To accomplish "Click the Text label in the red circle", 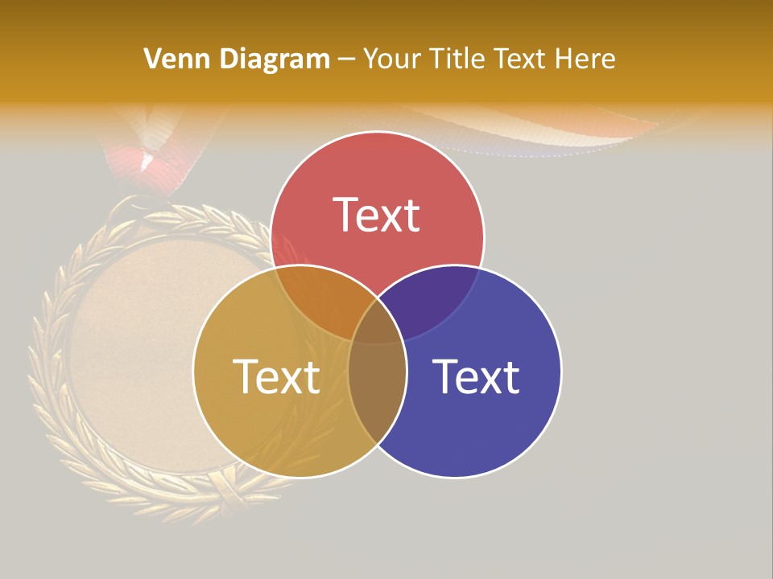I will tap(377, 215).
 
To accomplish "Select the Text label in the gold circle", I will tap(276, 376).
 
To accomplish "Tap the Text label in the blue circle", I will tap(476, 376).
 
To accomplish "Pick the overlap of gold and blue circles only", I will tap(377, 402).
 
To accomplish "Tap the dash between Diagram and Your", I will tap(346, 60).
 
